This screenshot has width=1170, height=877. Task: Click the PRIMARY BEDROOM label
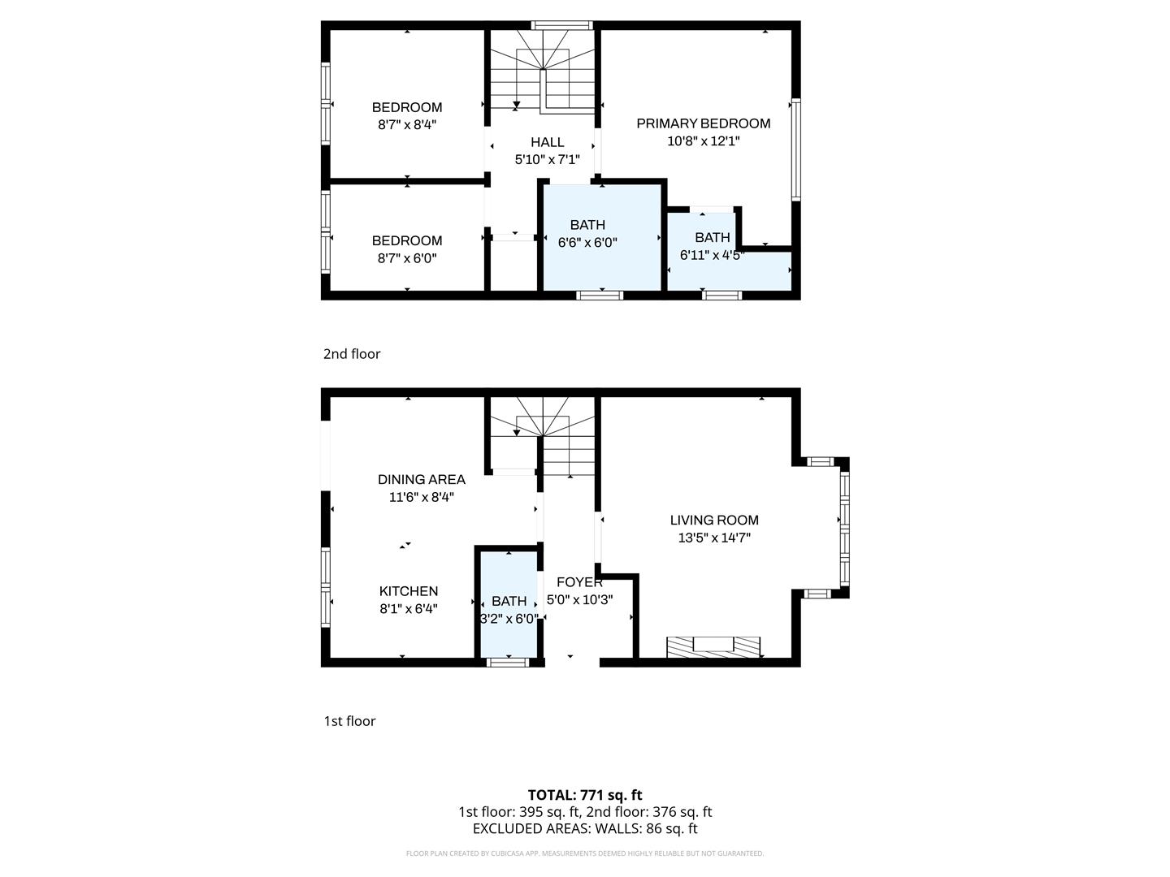703,123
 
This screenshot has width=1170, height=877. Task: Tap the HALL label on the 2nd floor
547,142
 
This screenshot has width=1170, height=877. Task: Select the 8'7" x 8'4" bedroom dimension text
407,125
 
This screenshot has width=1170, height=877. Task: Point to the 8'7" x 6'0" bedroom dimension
407,258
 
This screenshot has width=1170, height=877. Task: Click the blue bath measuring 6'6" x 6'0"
601,260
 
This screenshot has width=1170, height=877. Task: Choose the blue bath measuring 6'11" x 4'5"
727,268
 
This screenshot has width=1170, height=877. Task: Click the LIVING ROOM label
714,520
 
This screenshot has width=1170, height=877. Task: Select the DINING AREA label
421,479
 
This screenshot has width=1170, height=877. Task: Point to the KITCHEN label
409,591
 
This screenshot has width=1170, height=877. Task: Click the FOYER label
579,582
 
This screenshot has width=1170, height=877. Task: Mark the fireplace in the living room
713,647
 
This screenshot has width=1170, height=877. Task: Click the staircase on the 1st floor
542,438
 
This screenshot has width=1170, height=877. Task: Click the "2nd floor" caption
352,354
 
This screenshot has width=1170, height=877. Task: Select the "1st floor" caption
349,721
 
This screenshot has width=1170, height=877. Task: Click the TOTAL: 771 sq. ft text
585,795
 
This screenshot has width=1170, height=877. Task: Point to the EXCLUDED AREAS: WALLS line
585,829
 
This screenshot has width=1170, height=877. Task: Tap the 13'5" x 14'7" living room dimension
714,538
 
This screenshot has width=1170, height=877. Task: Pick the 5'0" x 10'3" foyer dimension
579,600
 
